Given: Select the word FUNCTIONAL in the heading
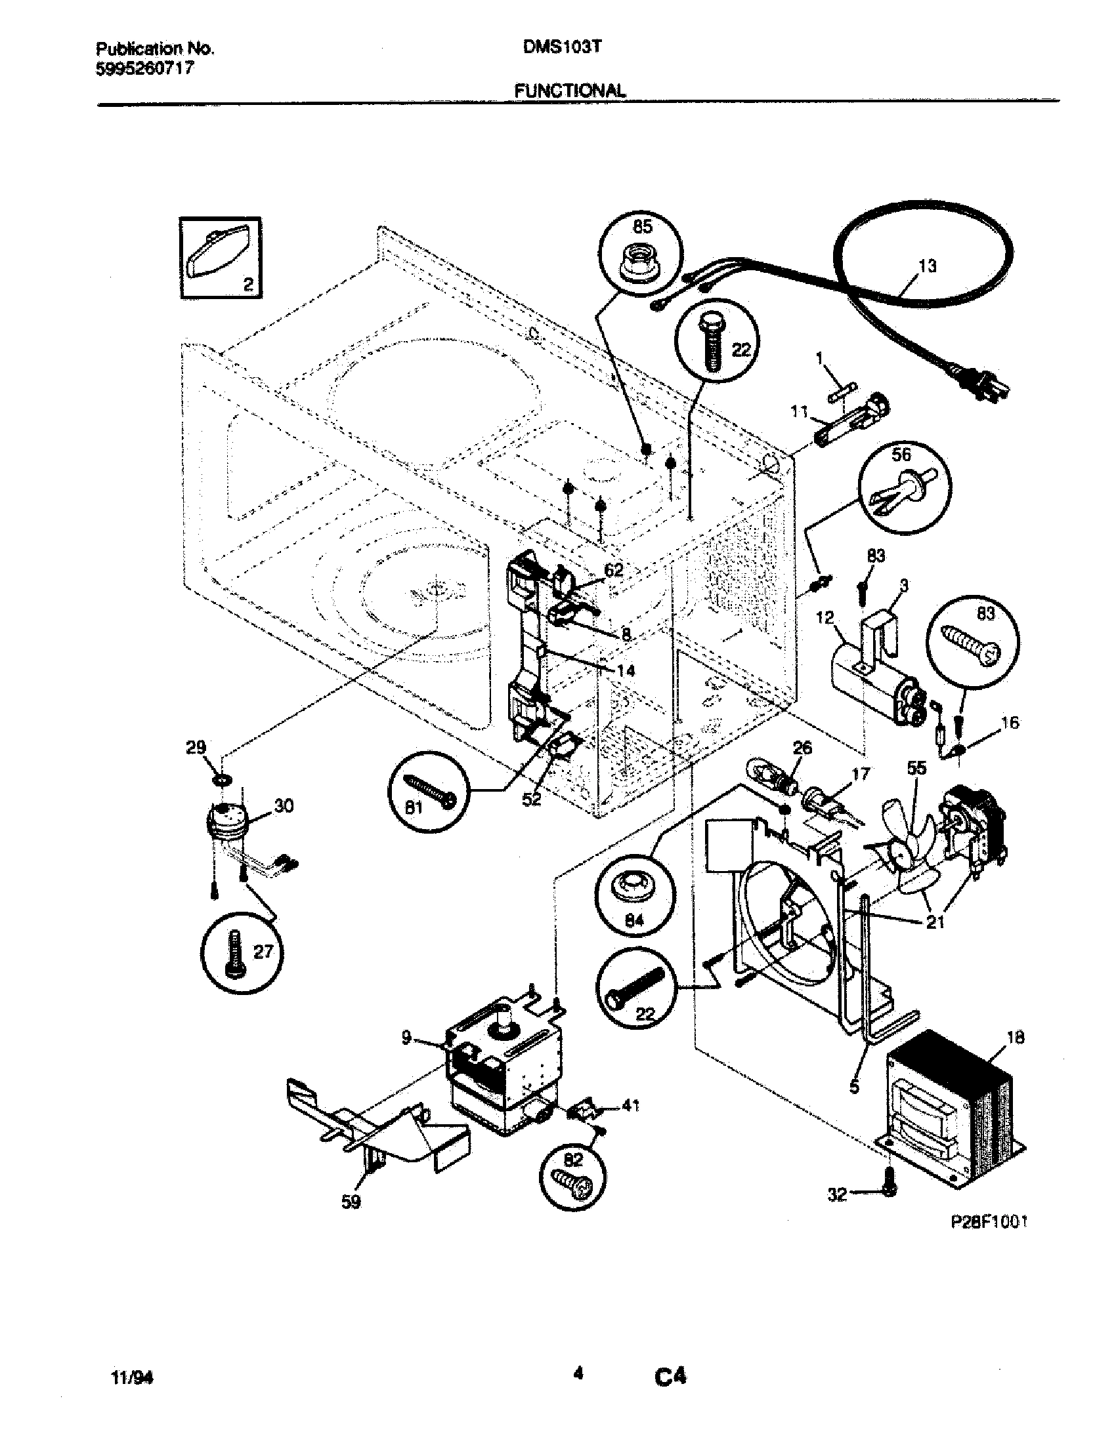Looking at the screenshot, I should coord(569,91).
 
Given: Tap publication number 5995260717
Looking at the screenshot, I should coord(146,68).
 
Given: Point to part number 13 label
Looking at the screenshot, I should coord(928,266).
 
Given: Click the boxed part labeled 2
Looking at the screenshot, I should coord(219,258).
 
